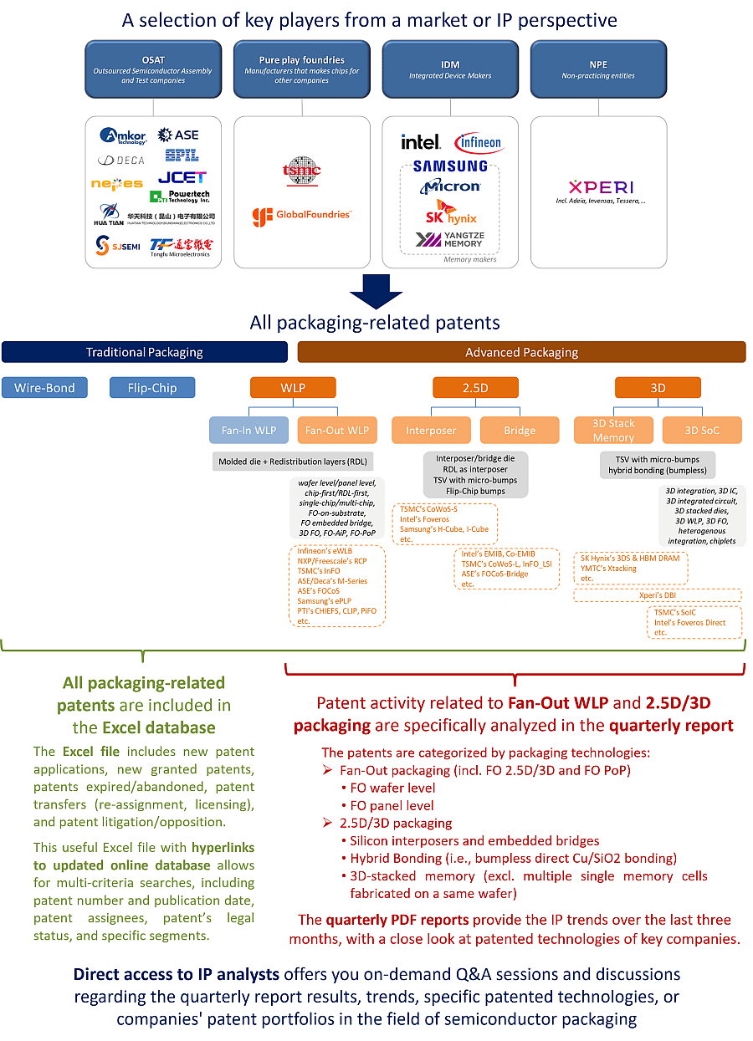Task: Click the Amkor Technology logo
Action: pyautogui.click(x=123, y=136)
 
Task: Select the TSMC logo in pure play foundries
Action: pyautogui.click(x=302, y=172)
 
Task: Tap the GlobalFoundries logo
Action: pyautogui.click(x=302, y=217)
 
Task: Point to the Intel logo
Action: pyautogui.click(x=420, y=142)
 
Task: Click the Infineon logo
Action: pyautogui.click(x=478, y=143)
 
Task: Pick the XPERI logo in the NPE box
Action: pyautogui.click(x=601, y=187)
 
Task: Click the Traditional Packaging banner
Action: pyautogui.click(x=144, y=352)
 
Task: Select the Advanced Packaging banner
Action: pyautogui.click(x=521, y=352)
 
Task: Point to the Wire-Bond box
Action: pyautogui.click(x=44, y=388)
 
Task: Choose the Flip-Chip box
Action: pyautogui.click(x=152, y=388)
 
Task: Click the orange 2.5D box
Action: pyautogui.click(x=475, y=388)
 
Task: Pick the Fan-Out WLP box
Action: pyautogui.click(x=336, y=431)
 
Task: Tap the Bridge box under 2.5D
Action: pyautogui.click(x=520, y=431)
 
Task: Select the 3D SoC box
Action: pyautogui.click(x=702, y=431)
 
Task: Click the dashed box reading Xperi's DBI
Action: pyautogui.click(x=657, y=595)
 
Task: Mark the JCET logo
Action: pyautogui.click(x=182, y=177)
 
